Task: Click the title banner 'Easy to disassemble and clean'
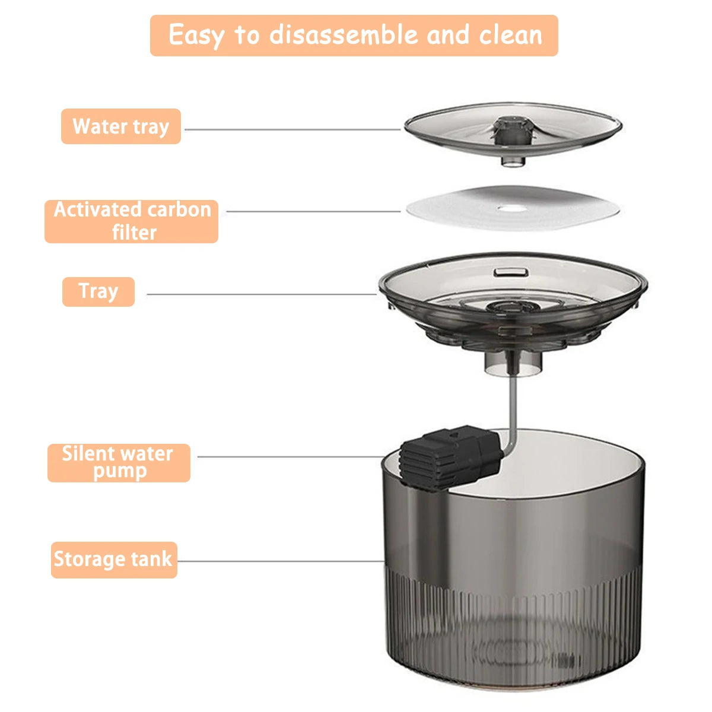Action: [354, 36]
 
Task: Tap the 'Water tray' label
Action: [121, 126]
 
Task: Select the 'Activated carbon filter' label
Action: [132, 221]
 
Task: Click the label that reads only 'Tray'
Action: [98, 292]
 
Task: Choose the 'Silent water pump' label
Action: [119, 463]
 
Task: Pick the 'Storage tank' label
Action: [114, 560]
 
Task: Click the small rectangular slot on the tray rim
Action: [511, 271]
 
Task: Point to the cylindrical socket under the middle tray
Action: [513, 363]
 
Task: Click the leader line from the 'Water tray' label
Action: [291, 129]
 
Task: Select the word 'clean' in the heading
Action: [511, 35]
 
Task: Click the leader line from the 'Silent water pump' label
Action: [291, 457]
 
